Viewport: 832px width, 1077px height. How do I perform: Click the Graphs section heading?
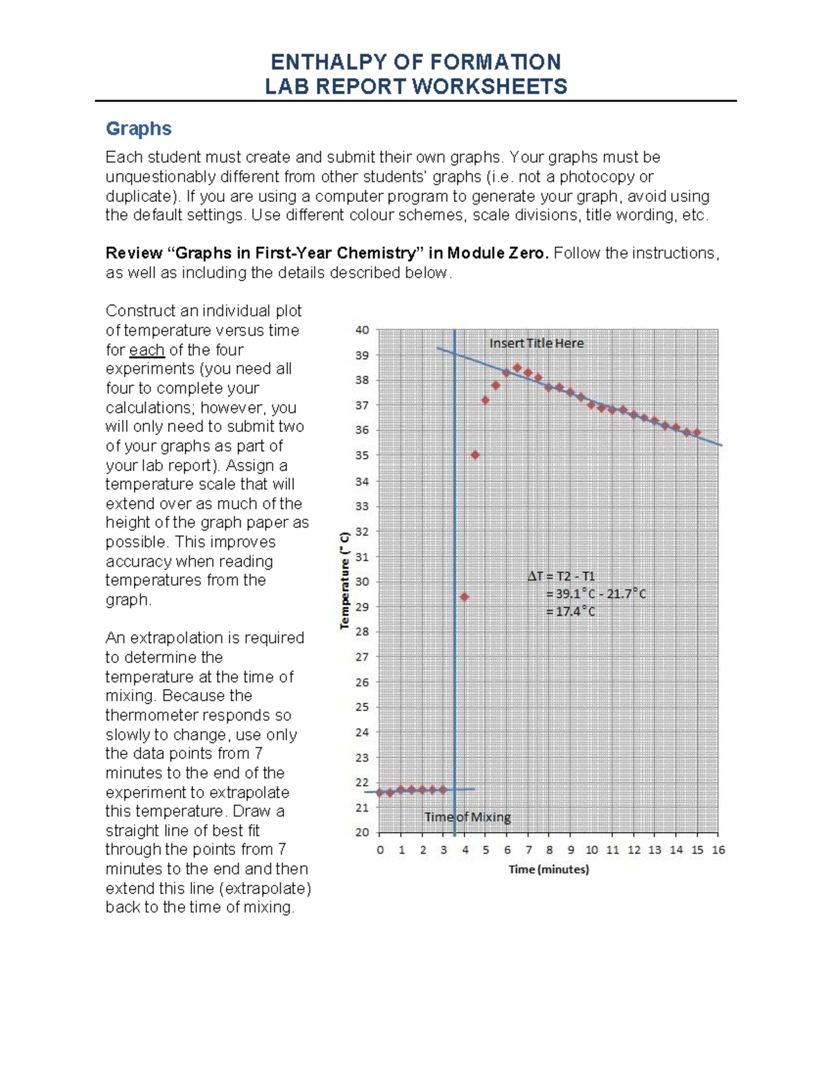pos(139,129)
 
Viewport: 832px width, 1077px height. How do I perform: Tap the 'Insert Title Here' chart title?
pos(537,343)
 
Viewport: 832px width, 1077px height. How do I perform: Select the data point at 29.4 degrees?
pos(465,596)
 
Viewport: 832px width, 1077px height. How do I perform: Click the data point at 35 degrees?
pos(475,455)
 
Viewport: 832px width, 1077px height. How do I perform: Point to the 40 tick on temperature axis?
pos(363,330)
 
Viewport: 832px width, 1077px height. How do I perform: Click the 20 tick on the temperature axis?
pos(363,832)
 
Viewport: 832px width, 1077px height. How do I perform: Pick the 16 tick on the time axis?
pos(718,850)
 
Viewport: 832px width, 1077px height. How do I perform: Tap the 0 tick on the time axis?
pos(380,850)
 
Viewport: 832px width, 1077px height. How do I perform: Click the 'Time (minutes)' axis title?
pos(548,869)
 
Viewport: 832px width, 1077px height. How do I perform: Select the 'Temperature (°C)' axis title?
pos(345,581)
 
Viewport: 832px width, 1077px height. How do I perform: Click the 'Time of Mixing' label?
pos(468,817)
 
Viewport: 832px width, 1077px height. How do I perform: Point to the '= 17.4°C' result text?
pos(570,612)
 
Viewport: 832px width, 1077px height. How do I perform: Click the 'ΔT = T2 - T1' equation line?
pos(562,576)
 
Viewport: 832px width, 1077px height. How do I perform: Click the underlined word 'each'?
pos(147,350)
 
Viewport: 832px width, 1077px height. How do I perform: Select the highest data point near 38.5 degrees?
pos(517,368)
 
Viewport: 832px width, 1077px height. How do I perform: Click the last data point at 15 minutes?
pos(697,432)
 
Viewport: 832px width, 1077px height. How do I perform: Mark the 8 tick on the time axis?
pos(549,850)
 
